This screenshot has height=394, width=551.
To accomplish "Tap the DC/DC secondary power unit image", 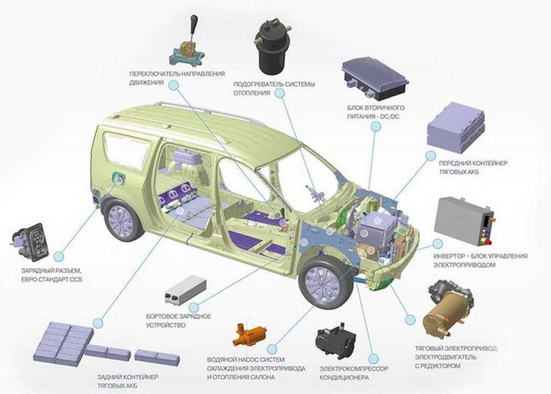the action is coord(375,78).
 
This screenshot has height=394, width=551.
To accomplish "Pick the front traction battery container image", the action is coord(455,128).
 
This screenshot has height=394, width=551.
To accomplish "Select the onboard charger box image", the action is coord(185,290).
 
